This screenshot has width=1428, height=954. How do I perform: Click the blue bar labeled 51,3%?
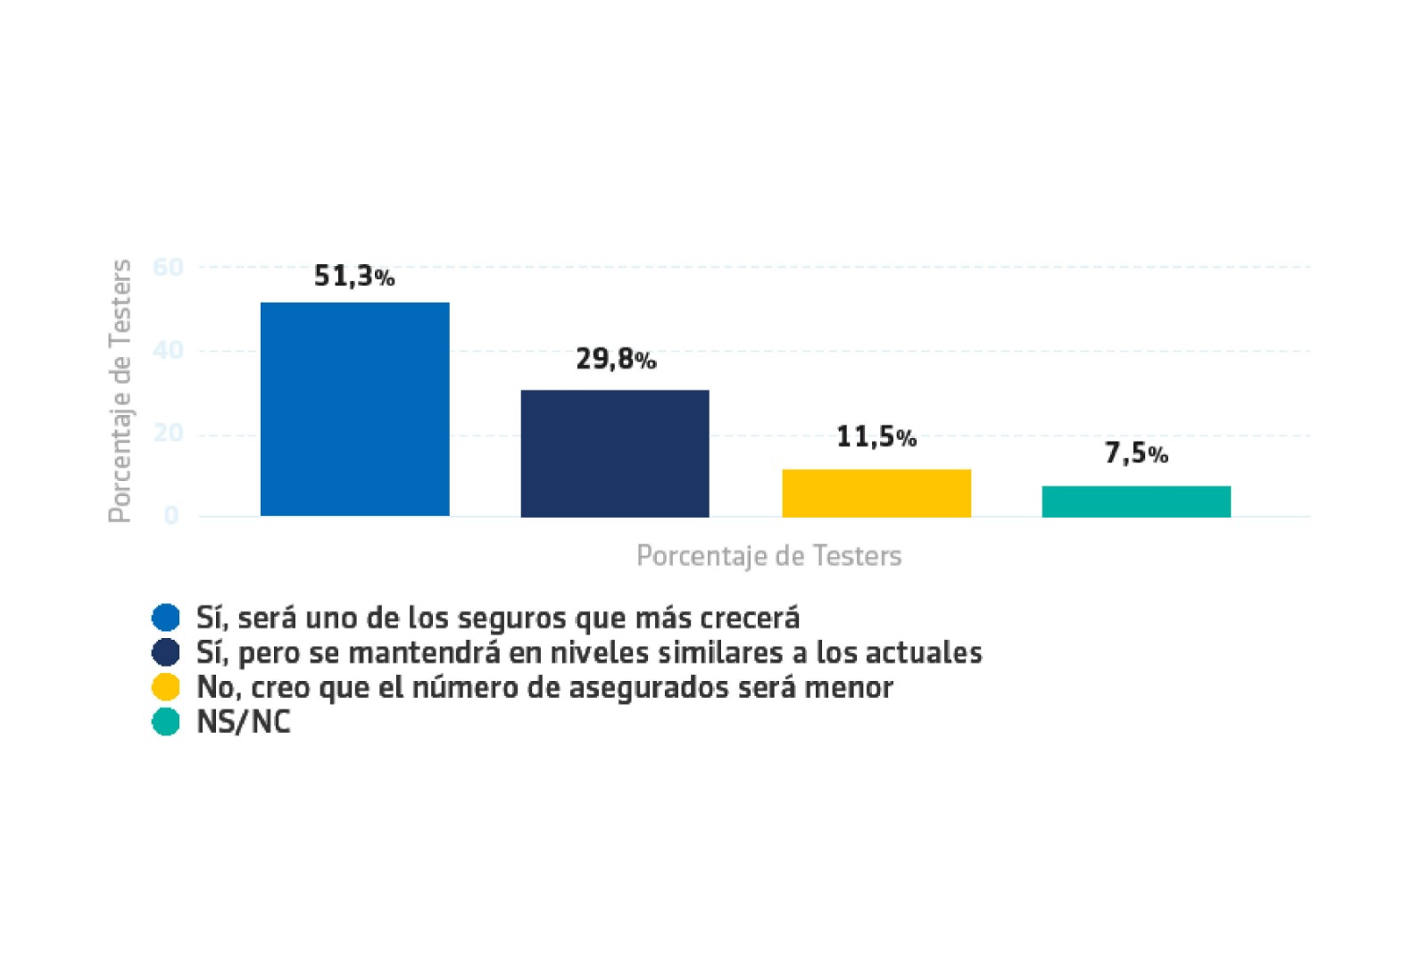[354, 409]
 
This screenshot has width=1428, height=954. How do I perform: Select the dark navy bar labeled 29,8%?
[615, 453]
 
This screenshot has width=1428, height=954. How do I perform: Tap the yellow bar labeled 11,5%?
[876, 493]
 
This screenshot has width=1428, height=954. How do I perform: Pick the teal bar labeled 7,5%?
[1136, 502]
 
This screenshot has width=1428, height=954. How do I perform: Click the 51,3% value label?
[353, 277]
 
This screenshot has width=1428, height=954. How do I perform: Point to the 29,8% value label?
[615, 360]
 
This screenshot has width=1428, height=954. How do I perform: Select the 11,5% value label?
[876, 437]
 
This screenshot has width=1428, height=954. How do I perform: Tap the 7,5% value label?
[1136, 454]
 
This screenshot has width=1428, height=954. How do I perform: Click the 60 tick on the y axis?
[168, 267]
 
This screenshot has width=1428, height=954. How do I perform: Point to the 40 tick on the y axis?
[168, 350]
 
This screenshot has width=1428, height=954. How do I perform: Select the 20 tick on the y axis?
[168, 434]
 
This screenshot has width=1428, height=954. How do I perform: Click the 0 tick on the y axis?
[170, 516]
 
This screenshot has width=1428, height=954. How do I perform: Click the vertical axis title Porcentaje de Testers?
[120, 391]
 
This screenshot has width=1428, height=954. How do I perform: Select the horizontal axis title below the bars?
[768, 556]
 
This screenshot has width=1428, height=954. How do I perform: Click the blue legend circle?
[166, 618]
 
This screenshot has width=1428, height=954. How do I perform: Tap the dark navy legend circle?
[166, 652]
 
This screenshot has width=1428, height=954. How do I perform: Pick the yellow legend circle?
[166, 687]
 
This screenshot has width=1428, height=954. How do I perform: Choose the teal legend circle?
[166, 722]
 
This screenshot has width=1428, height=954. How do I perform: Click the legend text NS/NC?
[244, 722]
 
